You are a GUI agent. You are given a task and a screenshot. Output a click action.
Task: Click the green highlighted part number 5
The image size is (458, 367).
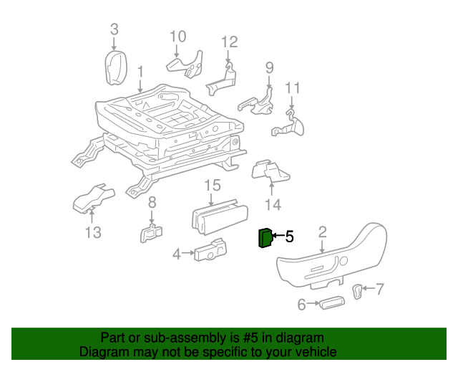click(264, 238)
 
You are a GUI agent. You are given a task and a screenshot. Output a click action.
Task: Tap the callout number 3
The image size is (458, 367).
click(114, 29)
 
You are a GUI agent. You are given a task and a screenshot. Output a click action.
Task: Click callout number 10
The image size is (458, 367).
click(177, 36)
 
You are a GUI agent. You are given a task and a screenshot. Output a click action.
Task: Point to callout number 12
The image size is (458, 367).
click(228, 41)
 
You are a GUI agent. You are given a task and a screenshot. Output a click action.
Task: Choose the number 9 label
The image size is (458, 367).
click(269, 68)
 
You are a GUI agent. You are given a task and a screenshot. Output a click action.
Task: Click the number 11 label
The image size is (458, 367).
click(293, 88)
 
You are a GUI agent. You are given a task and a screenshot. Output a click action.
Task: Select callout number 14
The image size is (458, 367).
click(273, 206)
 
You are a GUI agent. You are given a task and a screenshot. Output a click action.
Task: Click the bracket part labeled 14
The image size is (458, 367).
click(271, 173)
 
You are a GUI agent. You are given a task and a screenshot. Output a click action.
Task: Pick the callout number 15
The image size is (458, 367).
click(213, 186)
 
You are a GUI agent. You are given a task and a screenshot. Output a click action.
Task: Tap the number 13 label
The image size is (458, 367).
click(93, 232)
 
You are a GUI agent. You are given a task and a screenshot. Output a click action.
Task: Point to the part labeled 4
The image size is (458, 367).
click(210, 250)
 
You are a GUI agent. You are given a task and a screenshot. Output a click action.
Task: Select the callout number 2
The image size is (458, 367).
click(322, 232)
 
